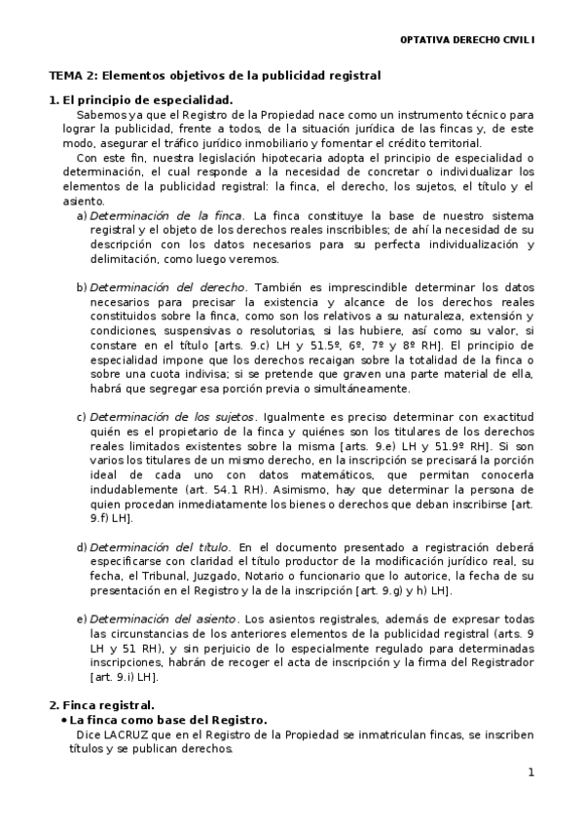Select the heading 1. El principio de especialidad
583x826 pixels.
click(140, 100)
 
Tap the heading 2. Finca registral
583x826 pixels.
click(101, 704)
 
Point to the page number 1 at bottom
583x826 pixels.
click(531, 773)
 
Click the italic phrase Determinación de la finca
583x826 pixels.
click(165, 215)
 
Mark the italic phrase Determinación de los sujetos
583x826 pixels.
click(174, 418)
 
